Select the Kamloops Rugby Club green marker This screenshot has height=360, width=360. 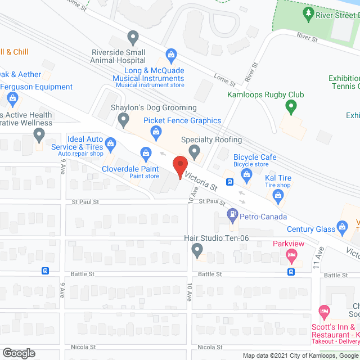290,105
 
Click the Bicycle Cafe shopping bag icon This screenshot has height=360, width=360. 246,175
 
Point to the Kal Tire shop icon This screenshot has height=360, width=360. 277,195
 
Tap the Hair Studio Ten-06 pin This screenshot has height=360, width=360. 197,249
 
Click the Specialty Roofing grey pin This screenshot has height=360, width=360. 195,151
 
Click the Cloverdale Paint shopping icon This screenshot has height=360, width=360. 146,152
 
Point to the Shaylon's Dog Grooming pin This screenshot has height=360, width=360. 124,119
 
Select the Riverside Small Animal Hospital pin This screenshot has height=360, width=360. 133,38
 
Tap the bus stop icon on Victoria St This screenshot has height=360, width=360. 229,182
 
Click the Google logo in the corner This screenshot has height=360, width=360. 19,353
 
